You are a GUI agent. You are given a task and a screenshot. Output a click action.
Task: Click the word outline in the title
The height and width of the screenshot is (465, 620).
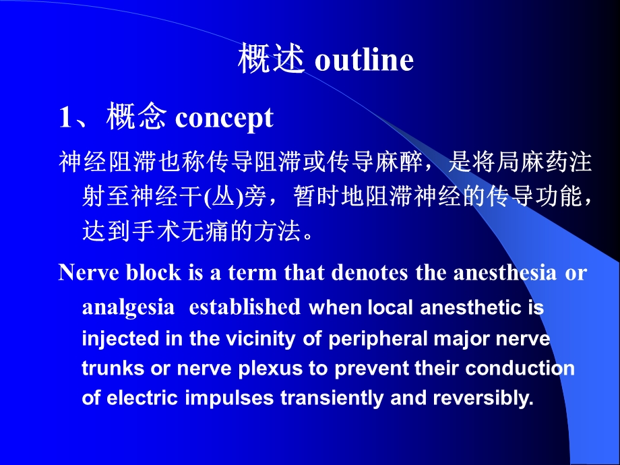364,61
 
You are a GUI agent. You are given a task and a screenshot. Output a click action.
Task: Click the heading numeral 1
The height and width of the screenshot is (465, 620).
66,119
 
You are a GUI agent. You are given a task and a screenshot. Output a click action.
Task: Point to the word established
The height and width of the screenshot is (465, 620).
245,307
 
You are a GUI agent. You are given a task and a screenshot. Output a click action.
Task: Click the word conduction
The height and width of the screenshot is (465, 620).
520,369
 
